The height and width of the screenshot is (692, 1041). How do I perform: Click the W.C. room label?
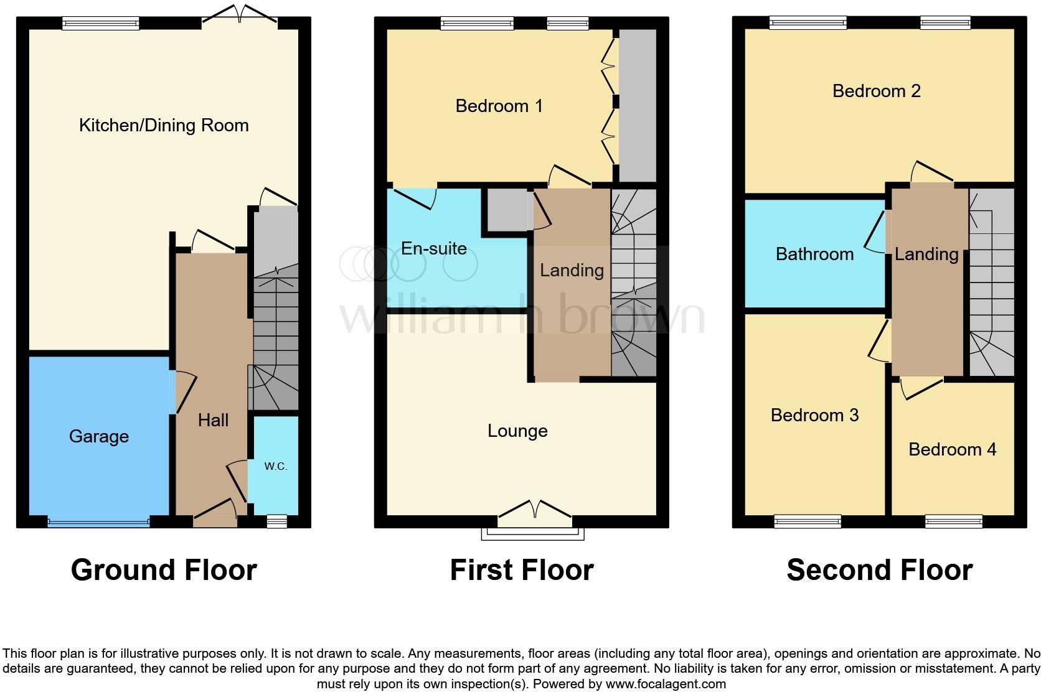275,466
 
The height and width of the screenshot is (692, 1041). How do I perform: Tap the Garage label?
99,436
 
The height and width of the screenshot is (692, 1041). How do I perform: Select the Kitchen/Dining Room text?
164,125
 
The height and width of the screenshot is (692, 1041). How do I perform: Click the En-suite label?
434,248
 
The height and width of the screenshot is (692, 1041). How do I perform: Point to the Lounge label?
517,431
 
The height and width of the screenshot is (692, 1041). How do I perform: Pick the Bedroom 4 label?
952,449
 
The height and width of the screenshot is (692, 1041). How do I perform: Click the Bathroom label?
814,254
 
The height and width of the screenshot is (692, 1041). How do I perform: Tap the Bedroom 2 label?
876,91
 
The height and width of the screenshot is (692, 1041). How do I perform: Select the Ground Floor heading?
164,570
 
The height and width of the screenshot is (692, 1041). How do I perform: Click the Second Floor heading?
879,570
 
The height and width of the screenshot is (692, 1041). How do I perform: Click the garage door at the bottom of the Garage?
98,522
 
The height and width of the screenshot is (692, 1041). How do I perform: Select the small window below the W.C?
277,521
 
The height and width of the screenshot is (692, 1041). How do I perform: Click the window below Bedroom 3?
808,521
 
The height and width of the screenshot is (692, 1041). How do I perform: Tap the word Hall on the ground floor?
213,420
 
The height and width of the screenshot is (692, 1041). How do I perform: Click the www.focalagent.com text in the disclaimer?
665,684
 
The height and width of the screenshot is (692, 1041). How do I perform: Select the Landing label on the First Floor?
572,270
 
